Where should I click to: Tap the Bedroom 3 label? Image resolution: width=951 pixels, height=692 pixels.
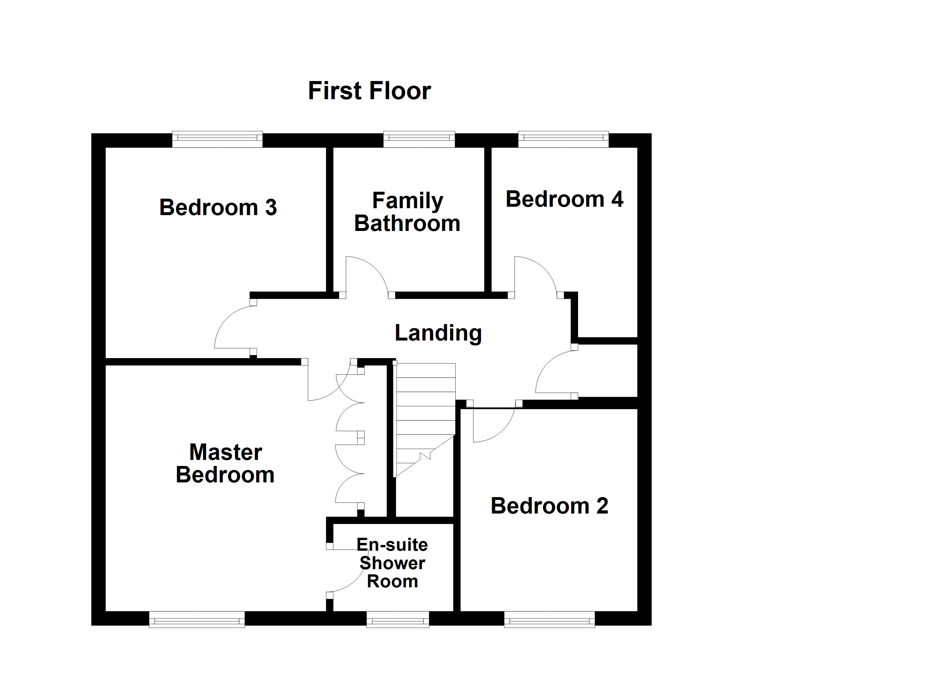[218, 207]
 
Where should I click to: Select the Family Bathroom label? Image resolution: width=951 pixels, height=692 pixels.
[407, 212]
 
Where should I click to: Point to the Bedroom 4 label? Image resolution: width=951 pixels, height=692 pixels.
[564, 199]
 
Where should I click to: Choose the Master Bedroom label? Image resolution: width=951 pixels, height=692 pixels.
[225, 463]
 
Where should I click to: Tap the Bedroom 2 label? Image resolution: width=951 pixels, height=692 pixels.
[549, 506]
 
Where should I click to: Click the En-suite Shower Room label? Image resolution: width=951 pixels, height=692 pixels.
[392, 563]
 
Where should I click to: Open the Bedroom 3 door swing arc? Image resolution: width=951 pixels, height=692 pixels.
[229, 325]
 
